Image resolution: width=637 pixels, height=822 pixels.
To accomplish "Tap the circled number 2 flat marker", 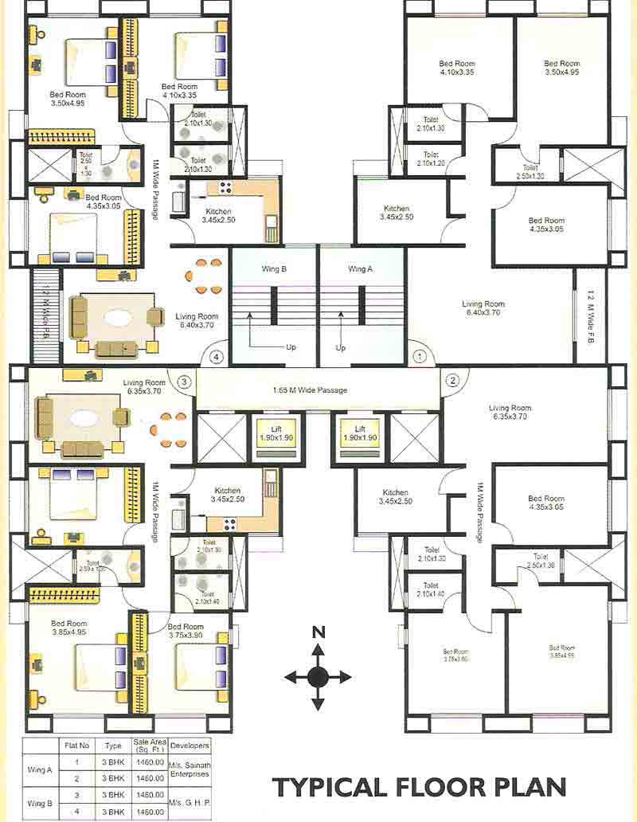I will (452, 380).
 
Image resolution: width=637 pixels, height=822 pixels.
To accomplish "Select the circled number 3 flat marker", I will (184, 382).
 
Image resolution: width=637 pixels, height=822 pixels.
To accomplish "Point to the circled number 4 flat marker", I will (217, 357).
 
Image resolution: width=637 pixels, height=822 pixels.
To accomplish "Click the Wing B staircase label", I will (273, 269).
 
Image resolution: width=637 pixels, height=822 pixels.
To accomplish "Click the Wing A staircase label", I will (360, 269).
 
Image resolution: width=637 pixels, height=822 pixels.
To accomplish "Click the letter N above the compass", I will (318, 632).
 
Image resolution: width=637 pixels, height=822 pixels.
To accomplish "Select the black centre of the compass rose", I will (318, 677).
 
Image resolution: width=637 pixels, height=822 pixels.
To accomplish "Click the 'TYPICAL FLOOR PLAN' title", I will (420, 787).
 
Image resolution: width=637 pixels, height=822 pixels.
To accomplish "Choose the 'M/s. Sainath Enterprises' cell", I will (190, 769).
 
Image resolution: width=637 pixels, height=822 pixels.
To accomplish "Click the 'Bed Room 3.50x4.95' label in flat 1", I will (561, 68).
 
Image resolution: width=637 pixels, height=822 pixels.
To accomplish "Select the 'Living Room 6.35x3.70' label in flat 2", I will (510, 412).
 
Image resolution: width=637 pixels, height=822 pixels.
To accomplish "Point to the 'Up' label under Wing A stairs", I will (341, 348).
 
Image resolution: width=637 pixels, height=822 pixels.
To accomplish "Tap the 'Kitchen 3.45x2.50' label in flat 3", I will (228, 495).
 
